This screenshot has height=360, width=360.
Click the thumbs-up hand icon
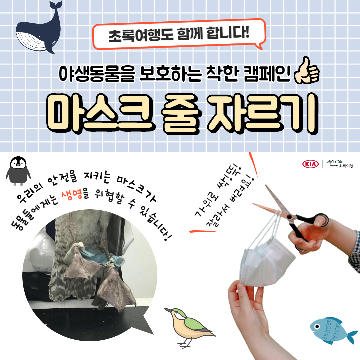point(307,70)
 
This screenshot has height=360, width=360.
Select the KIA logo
point(310,164)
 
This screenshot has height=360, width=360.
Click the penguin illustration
point(18,171)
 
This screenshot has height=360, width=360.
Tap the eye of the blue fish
point(317,326)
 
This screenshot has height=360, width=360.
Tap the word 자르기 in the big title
point(263,114)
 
